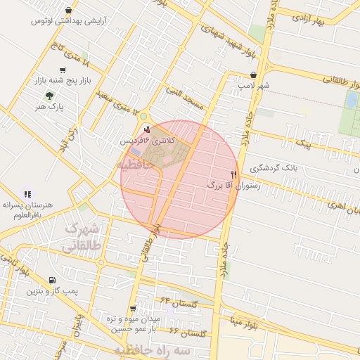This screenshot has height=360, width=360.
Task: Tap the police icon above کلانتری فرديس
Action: (146, 129)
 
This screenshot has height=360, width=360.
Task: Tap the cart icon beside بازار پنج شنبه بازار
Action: (64, 70)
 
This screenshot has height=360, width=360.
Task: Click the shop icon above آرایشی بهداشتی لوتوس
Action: (68, 11)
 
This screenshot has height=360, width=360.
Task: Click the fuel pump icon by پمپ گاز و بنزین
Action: (53, 281)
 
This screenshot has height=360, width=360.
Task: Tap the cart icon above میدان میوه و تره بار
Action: (133, 309)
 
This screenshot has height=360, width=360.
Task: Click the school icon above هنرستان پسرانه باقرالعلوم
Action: (27, 194)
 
